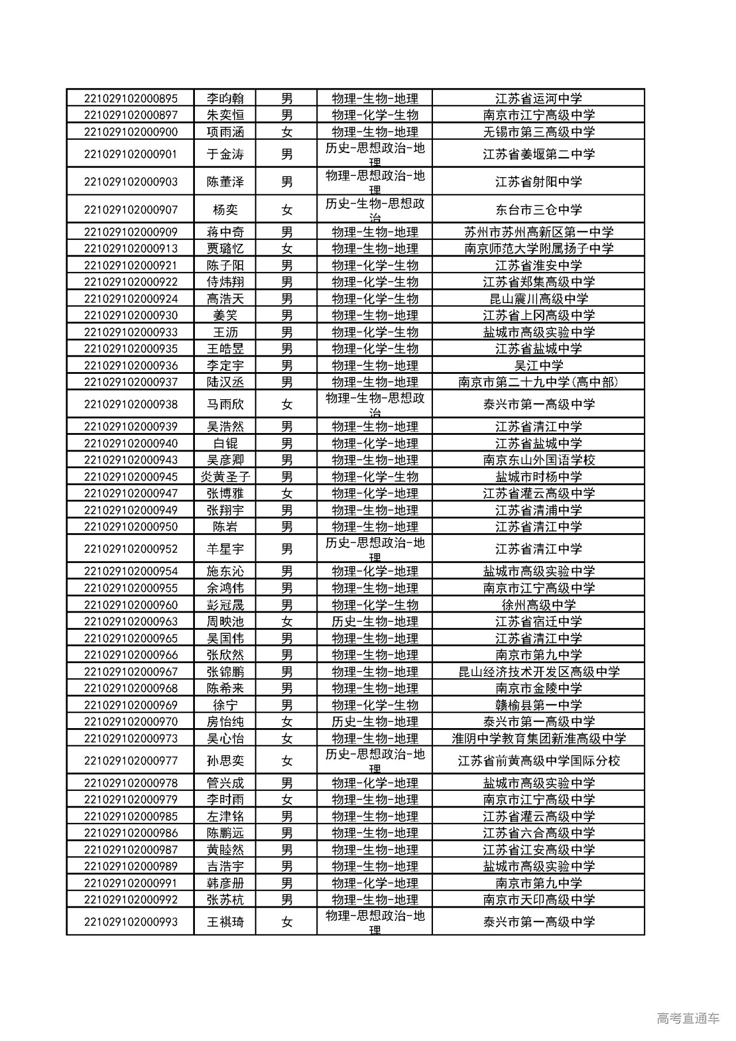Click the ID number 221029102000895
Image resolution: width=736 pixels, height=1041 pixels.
point(131,98)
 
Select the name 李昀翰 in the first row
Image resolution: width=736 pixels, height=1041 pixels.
point(225,98)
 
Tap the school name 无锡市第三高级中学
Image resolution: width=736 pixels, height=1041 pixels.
point(539,132)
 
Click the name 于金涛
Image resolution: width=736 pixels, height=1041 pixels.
point(225,154)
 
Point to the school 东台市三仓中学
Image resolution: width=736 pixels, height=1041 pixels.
point(539,210)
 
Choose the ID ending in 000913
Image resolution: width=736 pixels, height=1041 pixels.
point(131,248)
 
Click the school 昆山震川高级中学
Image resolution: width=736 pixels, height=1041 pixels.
point(539,298)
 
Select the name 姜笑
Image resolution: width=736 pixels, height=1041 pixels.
point(225,315)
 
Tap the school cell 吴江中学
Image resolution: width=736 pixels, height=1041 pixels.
point(539,365)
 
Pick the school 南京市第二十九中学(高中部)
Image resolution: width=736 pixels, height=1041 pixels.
point(539,382)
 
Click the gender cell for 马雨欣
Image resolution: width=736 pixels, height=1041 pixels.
point(287,404)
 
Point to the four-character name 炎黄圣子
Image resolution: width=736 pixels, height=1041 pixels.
point(225,477)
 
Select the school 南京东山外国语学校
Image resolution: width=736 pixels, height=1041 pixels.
point(539,460)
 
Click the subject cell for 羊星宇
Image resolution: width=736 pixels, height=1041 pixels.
point(375,549)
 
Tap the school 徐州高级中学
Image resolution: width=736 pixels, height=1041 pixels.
point(539,605)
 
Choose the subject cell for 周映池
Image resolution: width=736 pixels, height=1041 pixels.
point(375,622)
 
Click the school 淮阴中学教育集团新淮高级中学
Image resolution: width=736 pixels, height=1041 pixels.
point(539,738)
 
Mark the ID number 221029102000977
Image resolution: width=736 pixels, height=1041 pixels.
point(131,761)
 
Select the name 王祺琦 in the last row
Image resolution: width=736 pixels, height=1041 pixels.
point(225,922)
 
